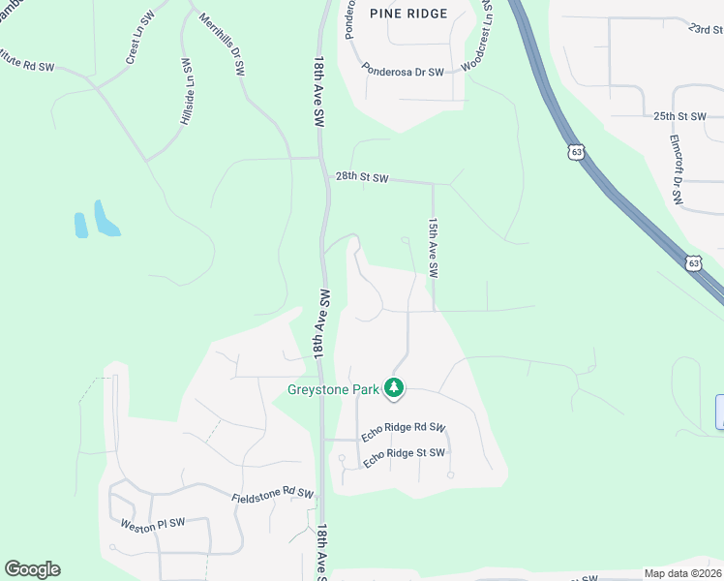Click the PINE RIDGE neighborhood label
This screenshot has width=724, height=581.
[x=408, y=14]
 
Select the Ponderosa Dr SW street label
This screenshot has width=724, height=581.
[x=402, y=72]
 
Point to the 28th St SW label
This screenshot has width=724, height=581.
[x=362, y=178]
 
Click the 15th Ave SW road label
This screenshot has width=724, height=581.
[x=434, y=246]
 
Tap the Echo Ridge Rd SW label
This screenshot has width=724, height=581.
[x=403, y=433]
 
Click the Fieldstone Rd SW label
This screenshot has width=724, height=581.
[x=273, y=495]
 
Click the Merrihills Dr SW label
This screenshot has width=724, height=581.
[x=221, y=45]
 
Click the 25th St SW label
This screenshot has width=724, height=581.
[x=679, y=116]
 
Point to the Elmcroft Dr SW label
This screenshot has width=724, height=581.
[x=676, y=168]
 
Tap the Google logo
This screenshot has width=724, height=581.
[x=32, y=569]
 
